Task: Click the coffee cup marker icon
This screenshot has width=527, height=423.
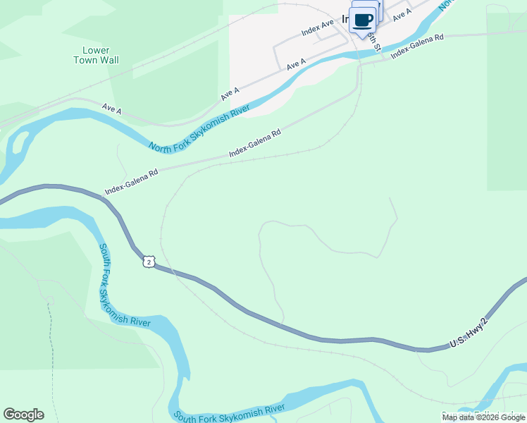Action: (364, 20)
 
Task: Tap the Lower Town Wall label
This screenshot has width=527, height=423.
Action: (96, 55)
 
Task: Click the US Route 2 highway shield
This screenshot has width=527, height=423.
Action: (148, 262)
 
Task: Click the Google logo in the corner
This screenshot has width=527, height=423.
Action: (23, 415)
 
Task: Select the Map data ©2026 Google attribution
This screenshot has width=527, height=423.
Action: (484, 417)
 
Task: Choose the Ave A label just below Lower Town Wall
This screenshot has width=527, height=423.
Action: (112, 109)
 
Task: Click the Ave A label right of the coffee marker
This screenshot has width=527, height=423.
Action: (402, 13)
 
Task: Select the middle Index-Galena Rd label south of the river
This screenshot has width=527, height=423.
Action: (255, 143)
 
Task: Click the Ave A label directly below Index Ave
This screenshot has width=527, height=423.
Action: (296, 64)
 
